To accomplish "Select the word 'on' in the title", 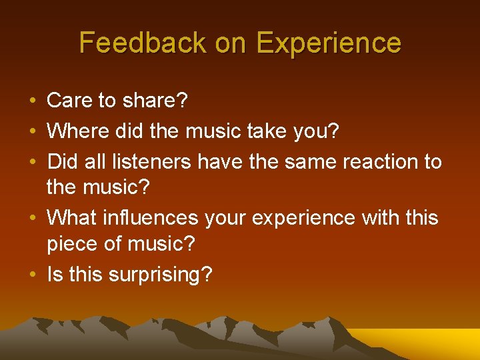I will click(x=231, y=43).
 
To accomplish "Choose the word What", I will click(x=73, y=217).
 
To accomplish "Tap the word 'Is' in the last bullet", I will click(x=54, y=274).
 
